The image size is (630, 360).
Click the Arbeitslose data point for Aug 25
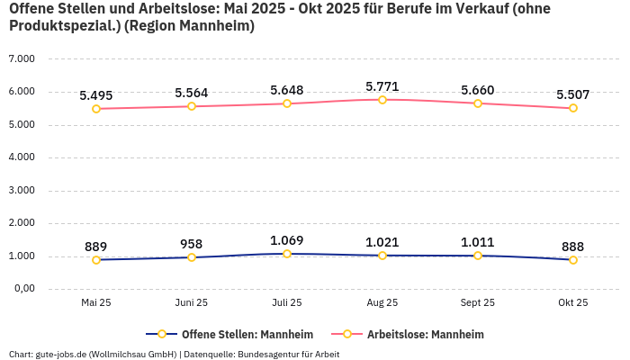point(382,100)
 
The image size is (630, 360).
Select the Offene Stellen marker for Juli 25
point(287,254)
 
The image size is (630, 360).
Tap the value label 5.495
point(96,95)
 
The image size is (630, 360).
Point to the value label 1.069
point(287,240)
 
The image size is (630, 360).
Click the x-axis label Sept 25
point(478,303)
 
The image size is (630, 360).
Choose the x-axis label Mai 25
point(96,303)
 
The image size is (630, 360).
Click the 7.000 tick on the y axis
point(21,58)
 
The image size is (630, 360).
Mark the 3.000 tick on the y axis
point(21,190)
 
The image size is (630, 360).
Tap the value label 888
point(573,247)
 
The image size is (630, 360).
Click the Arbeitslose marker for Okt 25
point(573,108)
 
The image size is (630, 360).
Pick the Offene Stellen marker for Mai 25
point(96,260)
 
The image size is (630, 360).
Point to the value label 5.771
point(382,86)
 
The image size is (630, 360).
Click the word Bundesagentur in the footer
point(267,355)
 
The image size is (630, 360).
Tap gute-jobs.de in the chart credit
point(62,355)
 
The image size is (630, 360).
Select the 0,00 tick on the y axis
point(22,289)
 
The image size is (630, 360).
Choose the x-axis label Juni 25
point(192,303)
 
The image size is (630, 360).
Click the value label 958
point(192,244)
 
